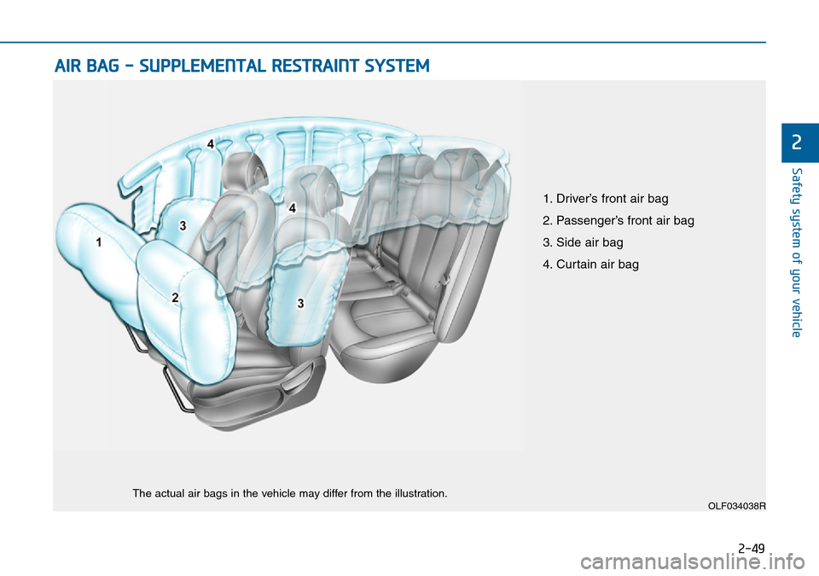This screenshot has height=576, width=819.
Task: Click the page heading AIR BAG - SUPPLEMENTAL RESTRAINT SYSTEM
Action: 242,66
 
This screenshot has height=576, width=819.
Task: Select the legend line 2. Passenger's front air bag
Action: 618,221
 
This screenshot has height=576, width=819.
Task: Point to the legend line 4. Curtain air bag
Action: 590,265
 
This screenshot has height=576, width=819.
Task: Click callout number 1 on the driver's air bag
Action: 99,242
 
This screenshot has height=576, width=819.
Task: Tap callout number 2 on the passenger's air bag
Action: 175,298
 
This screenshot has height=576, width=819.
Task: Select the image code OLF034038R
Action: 736,506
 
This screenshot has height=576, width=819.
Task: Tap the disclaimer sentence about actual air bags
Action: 289,494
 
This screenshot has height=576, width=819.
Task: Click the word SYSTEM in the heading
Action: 400,66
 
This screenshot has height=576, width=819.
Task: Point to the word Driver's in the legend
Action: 578,199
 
